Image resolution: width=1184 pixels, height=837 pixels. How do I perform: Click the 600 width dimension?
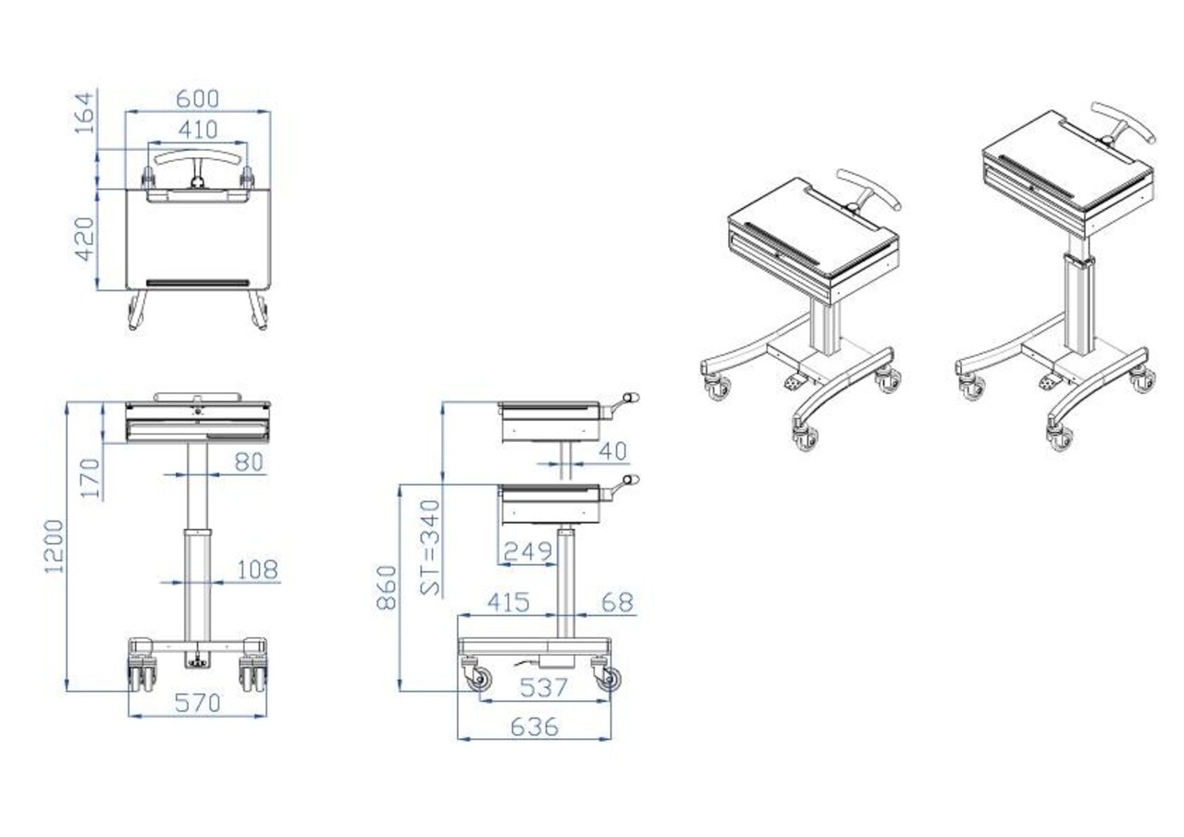pos(197,98)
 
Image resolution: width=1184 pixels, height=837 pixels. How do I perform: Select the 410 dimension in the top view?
pos(197,129)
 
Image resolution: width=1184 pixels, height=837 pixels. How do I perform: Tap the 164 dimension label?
pos(84,113)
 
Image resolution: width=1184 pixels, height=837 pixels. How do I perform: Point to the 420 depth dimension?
pos(84,239)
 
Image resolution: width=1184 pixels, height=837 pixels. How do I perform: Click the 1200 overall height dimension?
pos(55,546)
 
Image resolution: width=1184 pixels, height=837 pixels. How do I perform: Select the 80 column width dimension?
pos(248,462)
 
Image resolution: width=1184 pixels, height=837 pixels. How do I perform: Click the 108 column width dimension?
pos(256,570)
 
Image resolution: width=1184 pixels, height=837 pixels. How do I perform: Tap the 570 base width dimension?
pos(197,703)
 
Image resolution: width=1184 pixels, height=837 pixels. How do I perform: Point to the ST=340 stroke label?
pos(430,547)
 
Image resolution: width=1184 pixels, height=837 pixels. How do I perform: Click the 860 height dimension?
pos(387,588)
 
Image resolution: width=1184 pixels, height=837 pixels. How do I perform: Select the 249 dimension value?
pos(527,552)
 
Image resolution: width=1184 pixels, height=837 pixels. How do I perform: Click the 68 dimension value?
pos(617,602)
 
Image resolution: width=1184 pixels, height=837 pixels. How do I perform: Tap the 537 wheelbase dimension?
pos(544,687)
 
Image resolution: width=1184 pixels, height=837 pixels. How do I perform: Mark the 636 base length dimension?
pos(534,727)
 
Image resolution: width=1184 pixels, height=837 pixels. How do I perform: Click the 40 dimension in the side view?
pos(611,451)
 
